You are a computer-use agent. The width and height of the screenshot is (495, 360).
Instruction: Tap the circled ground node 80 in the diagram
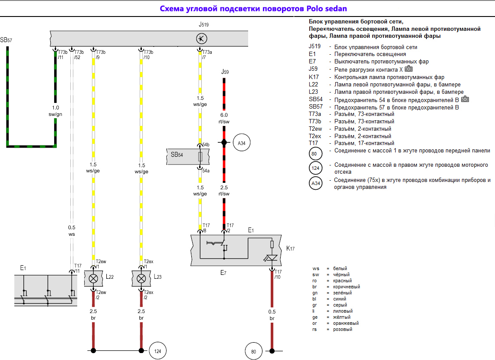click(254, 351)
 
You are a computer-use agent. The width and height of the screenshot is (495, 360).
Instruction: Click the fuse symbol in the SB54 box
click(200, 157)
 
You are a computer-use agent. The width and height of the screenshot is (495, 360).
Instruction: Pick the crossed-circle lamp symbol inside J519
click(201, 39)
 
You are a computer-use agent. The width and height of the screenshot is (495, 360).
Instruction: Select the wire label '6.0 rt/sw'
click(224, 118)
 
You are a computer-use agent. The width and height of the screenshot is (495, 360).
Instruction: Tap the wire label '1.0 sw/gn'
click(56, 111)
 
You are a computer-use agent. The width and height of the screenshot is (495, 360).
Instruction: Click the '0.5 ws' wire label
click(72, 231)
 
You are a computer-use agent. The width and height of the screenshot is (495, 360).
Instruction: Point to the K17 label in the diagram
click(290, 249)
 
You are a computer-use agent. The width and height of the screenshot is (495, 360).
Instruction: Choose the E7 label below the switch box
click(223, 273)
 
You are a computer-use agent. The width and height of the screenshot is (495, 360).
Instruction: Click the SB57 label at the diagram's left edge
click(7, 40)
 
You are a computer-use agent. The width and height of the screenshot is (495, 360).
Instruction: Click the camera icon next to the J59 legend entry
click(409, 69)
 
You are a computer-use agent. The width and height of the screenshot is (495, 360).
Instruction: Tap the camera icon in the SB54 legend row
click(465, 99)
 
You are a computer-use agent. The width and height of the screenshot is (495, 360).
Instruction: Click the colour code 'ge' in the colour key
click(315, 317)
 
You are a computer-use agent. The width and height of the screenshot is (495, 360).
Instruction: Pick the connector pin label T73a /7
click(207, 54)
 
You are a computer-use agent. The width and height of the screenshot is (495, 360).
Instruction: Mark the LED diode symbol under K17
click(272, 258)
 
